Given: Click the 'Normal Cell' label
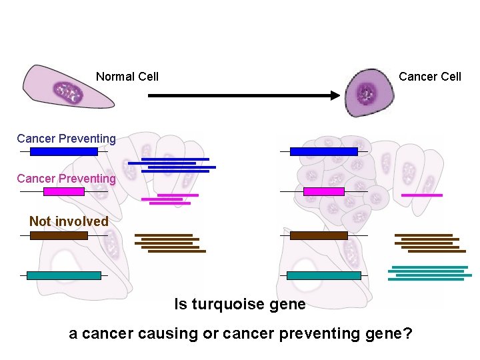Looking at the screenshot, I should pos(127,77).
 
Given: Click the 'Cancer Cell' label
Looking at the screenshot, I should pos(429,77).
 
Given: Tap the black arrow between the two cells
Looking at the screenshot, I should pos(243,96).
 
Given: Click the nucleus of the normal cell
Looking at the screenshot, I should pos(67,91).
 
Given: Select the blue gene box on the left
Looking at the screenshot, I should pos(64,151).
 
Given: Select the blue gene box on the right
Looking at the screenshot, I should pos(323,151).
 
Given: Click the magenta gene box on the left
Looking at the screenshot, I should pos(64,191).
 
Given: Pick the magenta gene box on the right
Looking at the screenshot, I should pos(323,191).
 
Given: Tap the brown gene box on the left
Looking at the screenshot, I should pos(59,235).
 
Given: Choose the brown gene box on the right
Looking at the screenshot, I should pos(319,235).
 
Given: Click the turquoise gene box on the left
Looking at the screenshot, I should pos(64,275).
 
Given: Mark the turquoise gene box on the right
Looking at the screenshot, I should pos(323,275).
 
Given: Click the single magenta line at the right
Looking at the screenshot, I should pos(422,195).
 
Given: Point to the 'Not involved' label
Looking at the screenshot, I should pos(69,221).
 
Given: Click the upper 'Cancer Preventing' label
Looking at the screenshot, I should pos(66,139).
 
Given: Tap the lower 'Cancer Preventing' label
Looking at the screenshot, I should pos(66,179).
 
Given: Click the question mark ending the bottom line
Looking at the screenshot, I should pos(407,333).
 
